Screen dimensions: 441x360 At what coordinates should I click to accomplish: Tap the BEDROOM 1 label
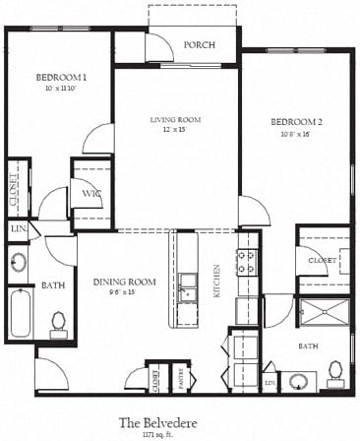click(x=61, y=78)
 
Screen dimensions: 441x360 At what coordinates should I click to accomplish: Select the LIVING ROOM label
click(x=175, y=119)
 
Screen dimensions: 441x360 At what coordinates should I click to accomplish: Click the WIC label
click(x=91, y=194)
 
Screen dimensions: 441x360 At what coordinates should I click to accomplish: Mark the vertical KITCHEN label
click(x=217, y=281)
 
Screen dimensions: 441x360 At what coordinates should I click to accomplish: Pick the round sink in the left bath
click(x=19, y=263)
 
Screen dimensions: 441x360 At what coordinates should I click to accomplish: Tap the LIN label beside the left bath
click(x=17, y=229)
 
